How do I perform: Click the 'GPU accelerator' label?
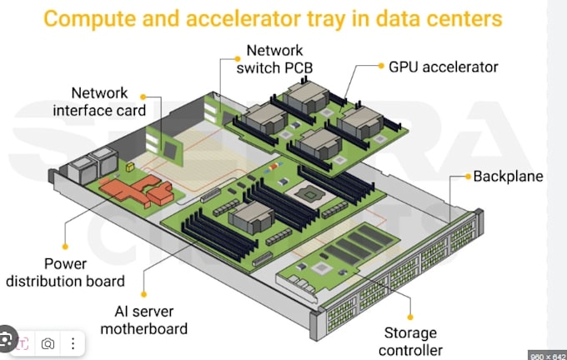[443, 67]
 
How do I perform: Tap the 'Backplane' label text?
[508, 177]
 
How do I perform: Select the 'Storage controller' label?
[410, 342]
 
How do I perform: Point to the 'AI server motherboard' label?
[144, 320]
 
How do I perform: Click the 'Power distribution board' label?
[65, 272]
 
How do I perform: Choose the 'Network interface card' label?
[99, 102]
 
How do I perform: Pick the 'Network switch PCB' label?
[274, 59]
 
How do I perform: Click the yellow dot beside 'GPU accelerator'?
[381, 66]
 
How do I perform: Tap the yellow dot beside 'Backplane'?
[468, 177]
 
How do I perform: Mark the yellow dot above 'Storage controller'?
[410, 317]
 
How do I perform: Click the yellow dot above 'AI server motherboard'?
[144, 294]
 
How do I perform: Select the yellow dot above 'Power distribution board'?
[65, 247]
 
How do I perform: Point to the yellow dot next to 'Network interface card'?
[143, 97]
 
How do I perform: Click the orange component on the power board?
[138, 191]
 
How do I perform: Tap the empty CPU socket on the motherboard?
[309, 195]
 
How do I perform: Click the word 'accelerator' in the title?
[243, 19]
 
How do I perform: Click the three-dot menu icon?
[73, 343]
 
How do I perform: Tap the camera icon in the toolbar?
[48, 343]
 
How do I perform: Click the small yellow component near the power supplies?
[130, 167]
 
